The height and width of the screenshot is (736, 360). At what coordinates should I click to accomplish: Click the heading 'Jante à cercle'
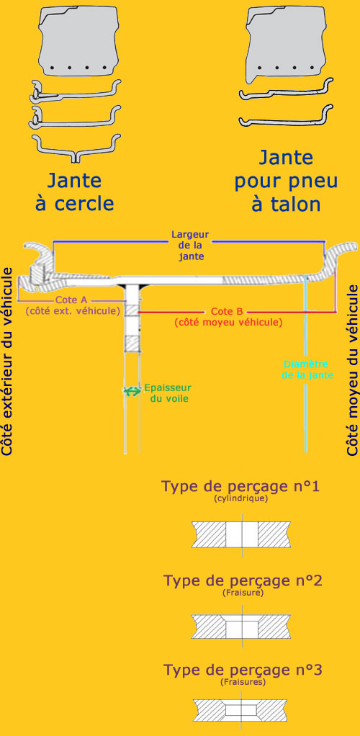75,192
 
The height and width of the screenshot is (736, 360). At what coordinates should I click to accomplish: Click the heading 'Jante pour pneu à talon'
286,181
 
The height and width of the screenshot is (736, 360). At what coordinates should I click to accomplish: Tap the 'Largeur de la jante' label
189,245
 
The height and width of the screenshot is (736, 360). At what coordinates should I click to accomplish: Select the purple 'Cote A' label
73,305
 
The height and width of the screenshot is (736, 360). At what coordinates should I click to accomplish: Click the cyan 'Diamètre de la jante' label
308,369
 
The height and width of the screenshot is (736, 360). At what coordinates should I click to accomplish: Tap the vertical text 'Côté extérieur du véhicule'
8,361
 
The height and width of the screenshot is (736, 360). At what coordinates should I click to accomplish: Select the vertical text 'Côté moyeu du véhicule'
353,369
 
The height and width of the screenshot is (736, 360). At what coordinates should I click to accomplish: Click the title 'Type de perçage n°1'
240,486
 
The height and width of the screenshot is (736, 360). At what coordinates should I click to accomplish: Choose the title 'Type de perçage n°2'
242,580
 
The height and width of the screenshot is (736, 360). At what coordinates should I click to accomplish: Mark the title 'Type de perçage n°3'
242,669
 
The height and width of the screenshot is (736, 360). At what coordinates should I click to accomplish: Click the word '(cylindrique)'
240,498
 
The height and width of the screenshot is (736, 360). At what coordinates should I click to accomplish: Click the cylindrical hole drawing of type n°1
241,534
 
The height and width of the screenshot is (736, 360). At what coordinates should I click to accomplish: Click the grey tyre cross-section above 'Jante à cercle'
78,41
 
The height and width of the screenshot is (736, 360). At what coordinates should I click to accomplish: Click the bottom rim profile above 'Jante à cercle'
76,148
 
